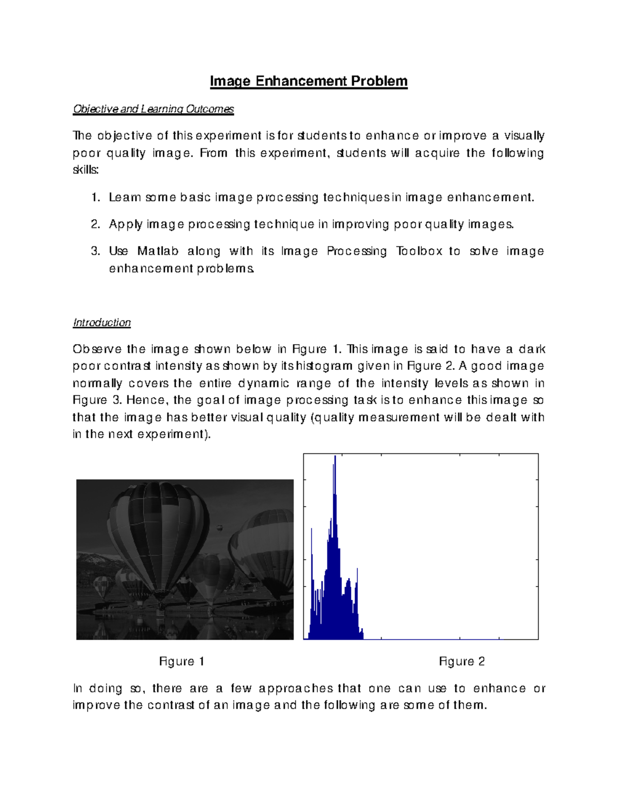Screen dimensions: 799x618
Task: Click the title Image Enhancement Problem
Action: (x=308, y=81)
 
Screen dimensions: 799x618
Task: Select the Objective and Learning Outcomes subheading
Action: (x=153, y=109)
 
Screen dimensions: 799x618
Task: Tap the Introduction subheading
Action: (x=102, y=323)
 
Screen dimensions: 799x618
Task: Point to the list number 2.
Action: (x=95, y=224)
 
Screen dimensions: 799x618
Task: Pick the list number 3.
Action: (x=95, y=251)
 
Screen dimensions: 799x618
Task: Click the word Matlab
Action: (x=158, y=251)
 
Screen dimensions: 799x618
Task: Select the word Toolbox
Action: (x=419, y=251)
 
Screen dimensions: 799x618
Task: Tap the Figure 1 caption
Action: (x=182, y=662)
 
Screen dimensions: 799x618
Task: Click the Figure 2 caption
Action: (x=461, y=662)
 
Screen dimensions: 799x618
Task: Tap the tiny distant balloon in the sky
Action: (x=220, y=528)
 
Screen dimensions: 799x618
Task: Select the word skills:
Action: (x=85, y=170)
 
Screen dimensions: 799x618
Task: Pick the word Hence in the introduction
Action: (x=146, y=400)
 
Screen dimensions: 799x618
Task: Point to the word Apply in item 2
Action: (x=126, y=225)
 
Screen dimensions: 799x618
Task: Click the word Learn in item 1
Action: (x=124, y=198)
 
